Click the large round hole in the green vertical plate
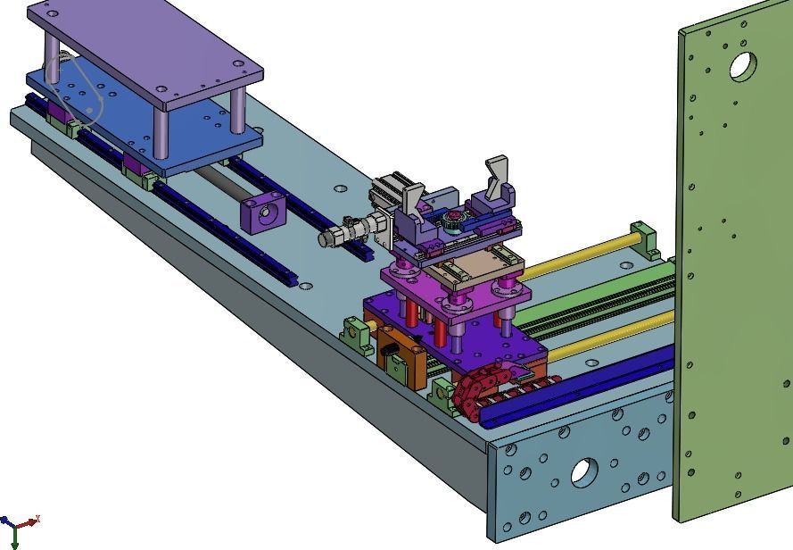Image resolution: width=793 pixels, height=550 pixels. [742, 66]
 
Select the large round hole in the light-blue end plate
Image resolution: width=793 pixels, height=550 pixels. [584, 471]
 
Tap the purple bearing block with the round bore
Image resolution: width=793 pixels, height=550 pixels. [263, 213]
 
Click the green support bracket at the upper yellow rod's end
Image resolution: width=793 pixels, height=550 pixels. [643, 238]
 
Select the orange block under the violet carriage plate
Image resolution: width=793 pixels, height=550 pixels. [397, 353]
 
